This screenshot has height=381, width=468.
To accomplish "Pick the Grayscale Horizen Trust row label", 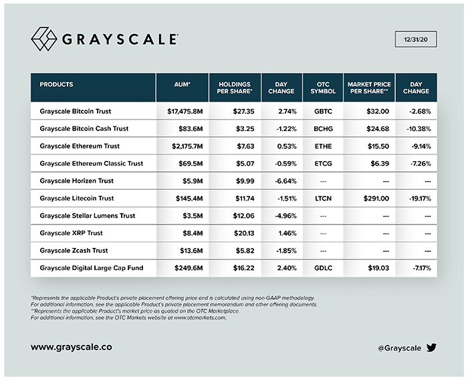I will [x=78, y=180].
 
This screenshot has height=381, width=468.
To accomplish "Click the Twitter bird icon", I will [x=431, y=348].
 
